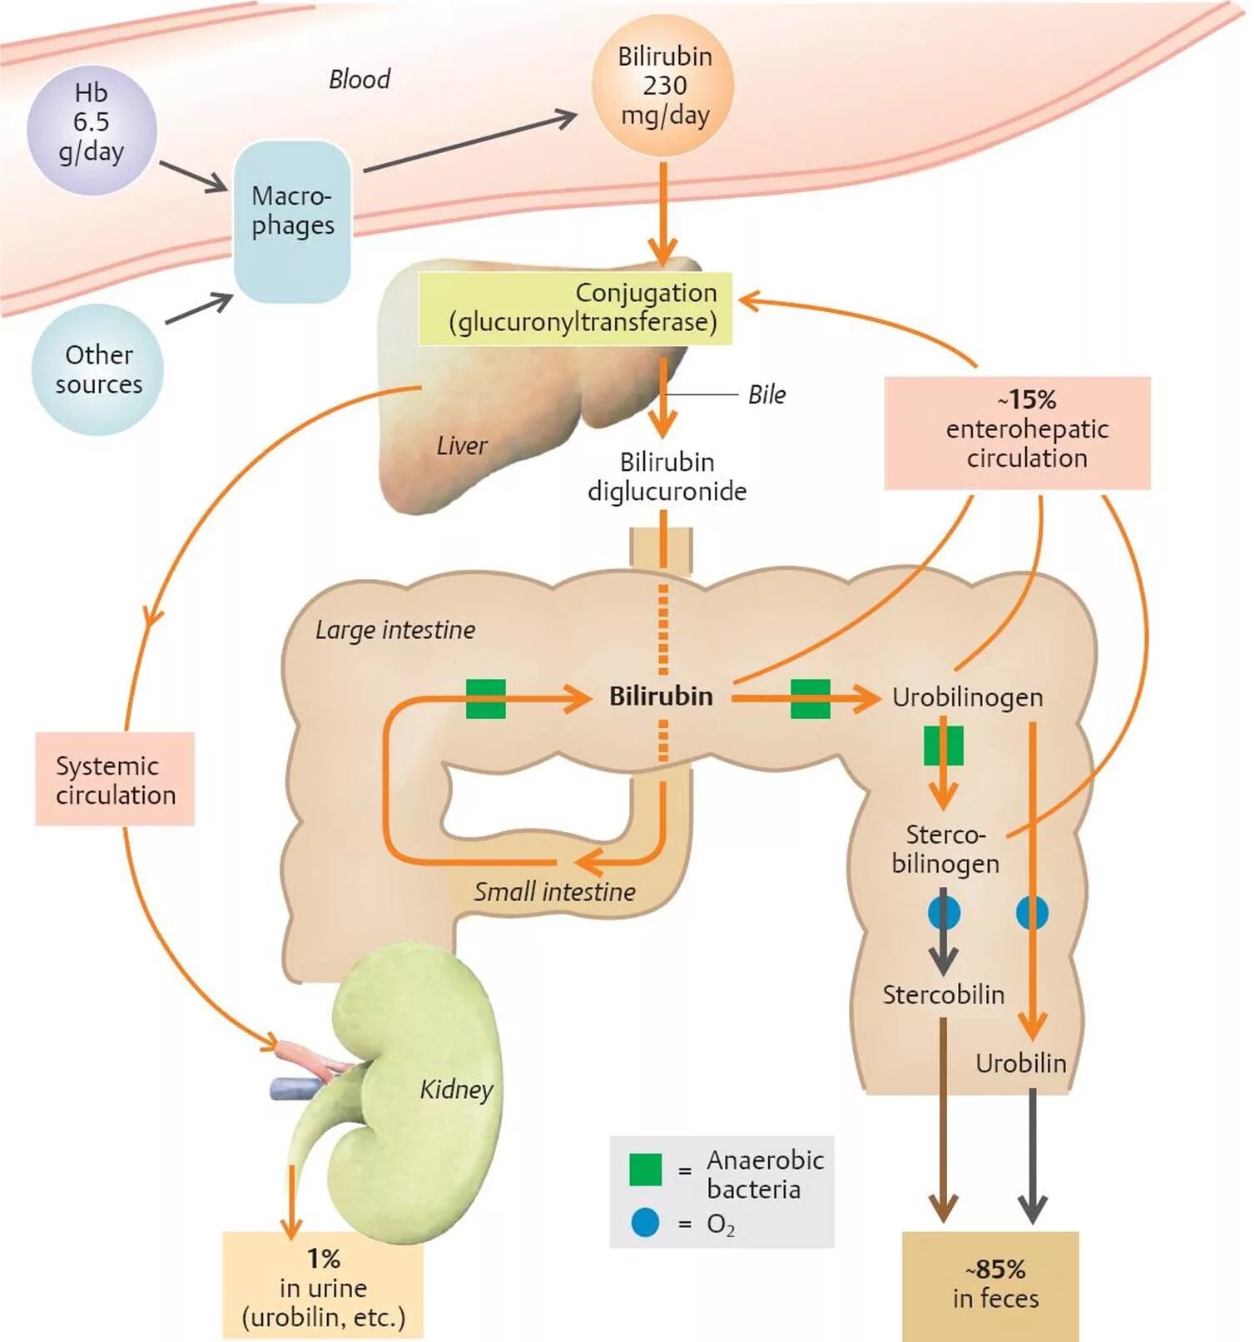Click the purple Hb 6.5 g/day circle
(x=92, y=130)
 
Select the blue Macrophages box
(x=292, y=220)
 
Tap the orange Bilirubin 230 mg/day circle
(x=663, y=86)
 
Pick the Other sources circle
(x=98, y=369)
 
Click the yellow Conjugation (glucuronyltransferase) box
(x=575, y=308)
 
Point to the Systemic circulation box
(x=115, y=779)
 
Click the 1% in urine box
(x=323, y=1286)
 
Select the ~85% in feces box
(x=990, y=1285)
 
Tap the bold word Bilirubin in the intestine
(x=661, y=696)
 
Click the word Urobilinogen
(x=967, y=697)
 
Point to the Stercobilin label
(x=943, y=994)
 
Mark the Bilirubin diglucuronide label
(x=667, y=477)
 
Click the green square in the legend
(x=646, y=1169)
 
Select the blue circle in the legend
(x=645, y=1222)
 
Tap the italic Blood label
(x=360, y=80)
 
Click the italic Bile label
(x=766, y=395)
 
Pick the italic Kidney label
(x=456, y=1089)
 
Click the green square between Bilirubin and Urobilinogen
(x=810, y=699)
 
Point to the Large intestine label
(x=395, y=631)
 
